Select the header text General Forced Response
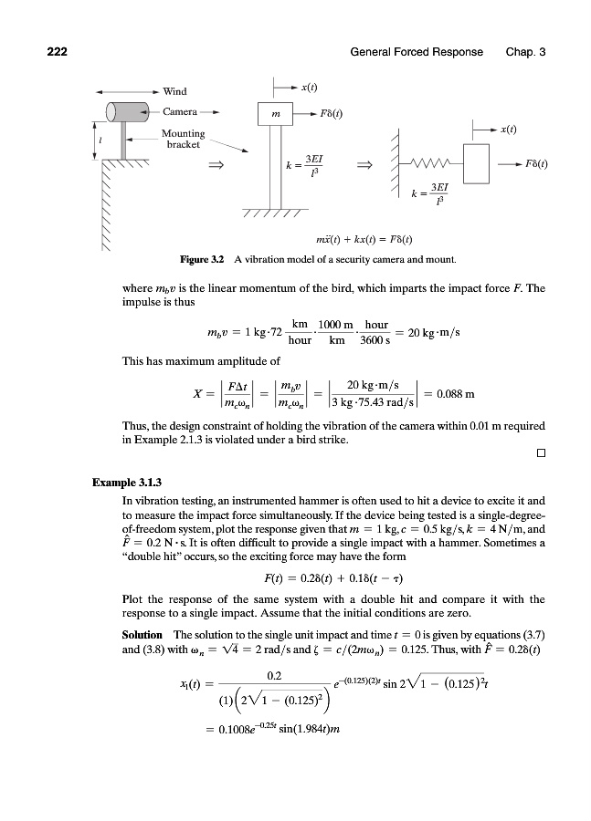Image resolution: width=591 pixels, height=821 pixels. tap(417, 52)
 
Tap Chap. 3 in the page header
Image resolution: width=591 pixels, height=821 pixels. tap(525, 52)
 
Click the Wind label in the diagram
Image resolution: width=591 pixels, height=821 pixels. tap(174, 91)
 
